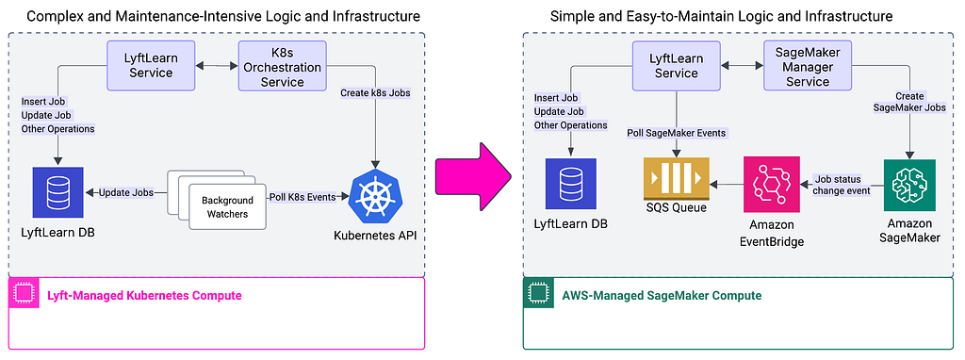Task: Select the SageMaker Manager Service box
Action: [x=807, y=65]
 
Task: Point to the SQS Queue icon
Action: [x=677, y=178]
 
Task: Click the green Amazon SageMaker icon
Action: [x=909, y=186]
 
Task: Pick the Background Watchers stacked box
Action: [x=216, y=200]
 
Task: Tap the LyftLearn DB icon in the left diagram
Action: [x=57, y=192]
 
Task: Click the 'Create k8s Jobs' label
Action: [x=375, y=93]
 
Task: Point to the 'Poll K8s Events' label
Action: [x=302, y=197]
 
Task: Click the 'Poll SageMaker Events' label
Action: [x=677, y=133]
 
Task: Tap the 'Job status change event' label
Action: [x=841, y=185]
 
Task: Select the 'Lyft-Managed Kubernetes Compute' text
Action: [x=144, y=295]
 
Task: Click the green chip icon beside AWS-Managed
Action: [x=536, y=295]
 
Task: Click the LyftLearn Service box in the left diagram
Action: [x=151, y=65]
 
